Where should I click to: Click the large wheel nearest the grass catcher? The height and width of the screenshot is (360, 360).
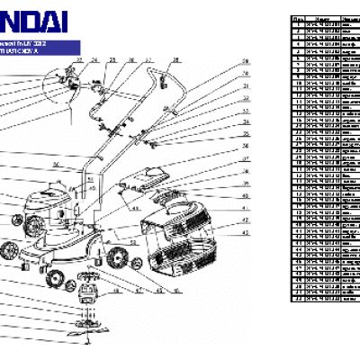pos(116,260)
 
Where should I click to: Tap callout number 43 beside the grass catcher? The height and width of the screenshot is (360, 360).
pos(245,233)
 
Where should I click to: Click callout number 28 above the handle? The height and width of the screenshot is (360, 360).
pos(175,60)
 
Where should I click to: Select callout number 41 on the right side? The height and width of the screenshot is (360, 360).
pos(245,208)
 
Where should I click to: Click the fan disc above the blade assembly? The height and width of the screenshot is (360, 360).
pos(89,275)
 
